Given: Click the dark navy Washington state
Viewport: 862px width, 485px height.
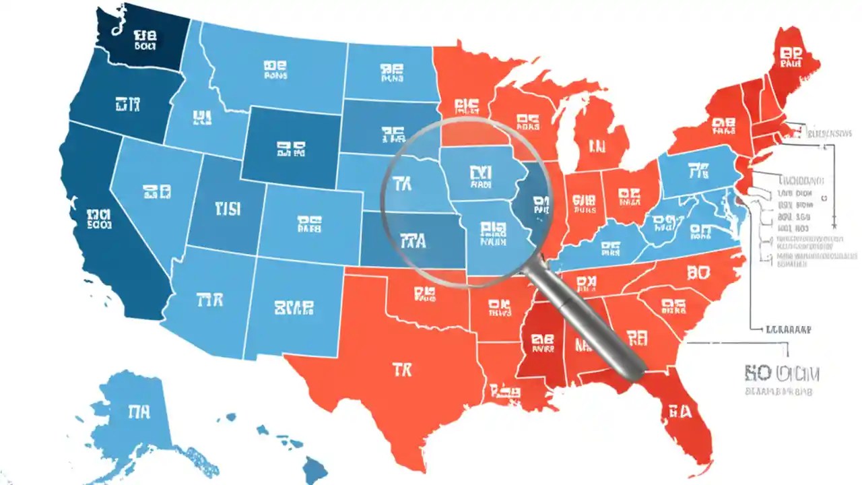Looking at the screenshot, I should (138, 37).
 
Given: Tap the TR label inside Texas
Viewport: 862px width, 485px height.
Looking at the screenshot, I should (401, 369).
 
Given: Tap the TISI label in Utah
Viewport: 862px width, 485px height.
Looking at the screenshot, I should (227, 208).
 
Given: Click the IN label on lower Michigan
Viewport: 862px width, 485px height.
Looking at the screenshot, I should (597, 146).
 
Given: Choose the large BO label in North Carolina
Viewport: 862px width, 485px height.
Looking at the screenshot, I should (699, 273).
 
